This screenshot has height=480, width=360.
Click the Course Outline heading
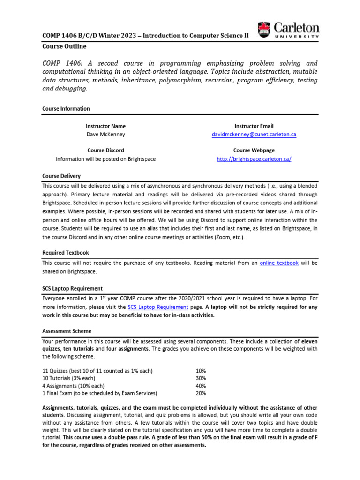[64, 46]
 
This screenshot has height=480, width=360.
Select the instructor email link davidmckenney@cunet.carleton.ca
[254, 135]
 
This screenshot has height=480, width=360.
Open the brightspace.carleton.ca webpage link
[254, 159]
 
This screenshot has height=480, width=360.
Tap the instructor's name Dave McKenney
[105, 135]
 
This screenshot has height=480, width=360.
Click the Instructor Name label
[105, 126]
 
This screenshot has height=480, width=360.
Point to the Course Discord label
[105, 150]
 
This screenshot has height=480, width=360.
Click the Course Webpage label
[254, 150]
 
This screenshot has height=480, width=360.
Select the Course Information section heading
[66, 109]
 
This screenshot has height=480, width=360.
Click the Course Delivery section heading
[61, 176]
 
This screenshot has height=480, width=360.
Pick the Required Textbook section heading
[65, 253]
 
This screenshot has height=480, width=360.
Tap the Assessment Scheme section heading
[67, 331]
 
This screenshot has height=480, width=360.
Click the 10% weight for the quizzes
[201, 371]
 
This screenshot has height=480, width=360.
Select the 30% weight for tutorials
[201, 378]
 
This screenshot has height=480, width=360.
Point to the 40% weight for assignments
[201, 386]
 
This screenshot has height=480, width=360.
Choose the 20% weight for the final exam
[201, 393]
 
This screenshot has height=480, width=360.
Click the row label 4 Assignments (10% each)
[75, 386]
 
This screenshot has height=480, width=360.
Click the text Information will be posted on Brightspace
[105, 159]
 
